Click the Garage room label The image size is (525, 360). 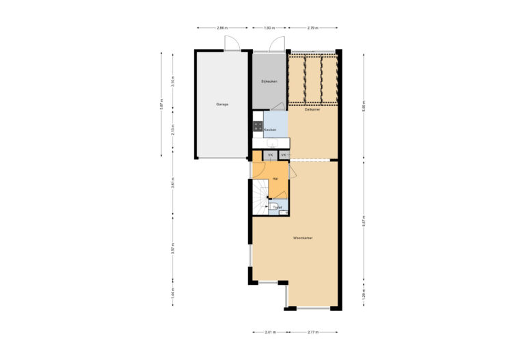pos(222,105)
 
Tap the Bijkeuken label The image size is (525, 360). pos(269,81)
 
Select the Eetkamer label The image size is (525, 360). pos(313,109)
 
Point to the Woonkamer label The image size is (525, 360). pos(302,238)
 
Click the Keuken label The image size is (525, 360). pos(270,129)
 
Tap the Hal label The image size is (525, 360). pos(275,178)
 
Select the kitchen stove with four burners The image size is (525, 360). pos(258,126)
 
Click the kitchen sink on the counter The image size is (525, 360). pos(271,143)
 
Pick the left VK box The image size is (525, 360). pos(271,156)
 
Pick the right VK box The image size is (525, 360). pos(283,156)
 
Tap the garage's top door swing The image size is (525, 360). pos(233,43)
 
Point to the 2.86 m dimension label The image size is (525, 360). pos(221,28)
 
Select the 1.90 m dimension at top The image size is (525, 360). pos(269,28)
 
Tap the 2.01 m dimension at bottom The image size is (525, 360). pos(269,333)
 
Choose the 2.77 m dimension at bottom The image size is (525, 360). pos(312,333)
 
